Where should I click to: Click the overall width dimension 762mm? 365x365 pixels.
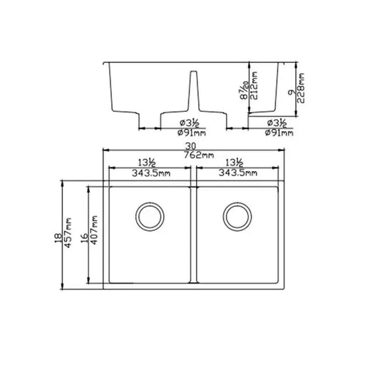coord(197,155)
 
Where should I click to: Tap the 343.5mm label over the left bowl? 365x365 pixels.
coord(150,173)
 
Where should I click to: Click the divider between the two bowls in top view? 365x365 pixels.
coord(193,235)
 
